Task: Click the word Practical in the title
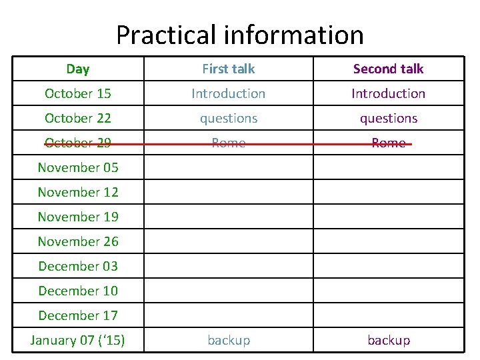(166, 35)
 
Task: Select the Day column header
(78, 69)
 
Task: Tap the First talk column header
(229, 69)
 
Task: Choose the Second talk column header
(388, 69)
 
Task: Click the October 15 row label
(78, 93)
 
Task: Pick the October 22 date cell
(78, 118)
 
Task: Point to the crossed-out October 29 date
(78, 143)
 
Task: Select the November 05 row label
(78, 167)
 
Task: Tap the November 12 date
(78, 192)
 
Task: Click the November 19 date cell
(78, 217)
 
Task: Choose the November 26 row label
(78, 241)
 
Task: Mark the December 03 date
(78, 266)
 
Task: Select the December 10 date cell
(78, 291)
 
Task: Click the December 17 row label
(78, 315)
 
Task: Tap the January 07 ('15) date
(78, 340)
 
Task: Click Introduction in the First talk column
(229, 93)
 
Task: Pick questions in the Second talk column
(388, 118)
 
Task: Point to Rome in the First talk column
(229, 143)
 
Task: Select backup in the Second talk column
(388, 340)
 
